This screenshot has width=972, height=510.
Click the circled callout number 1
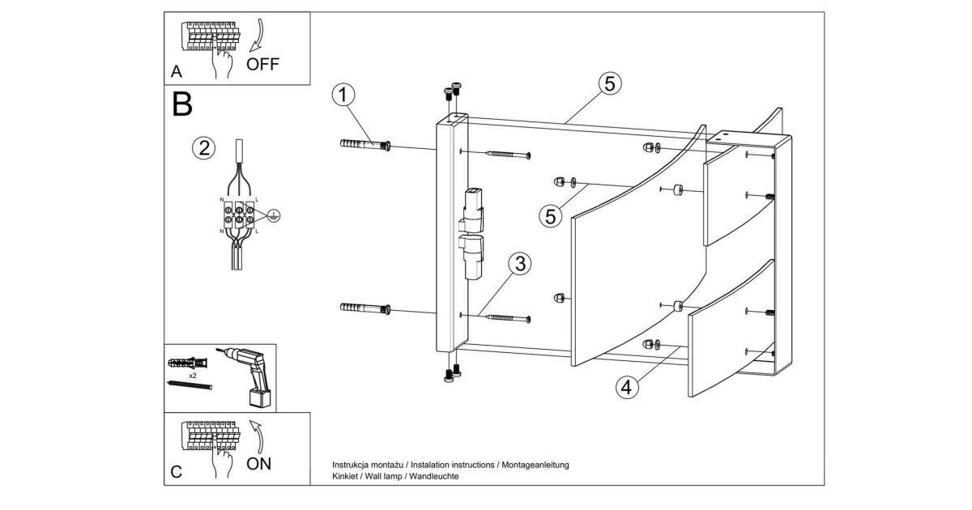click(x=343, y=95)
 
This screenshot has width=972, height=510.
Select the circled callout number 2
click(x=203, y=148)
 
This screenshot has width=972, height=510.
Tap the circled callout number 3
click(x=519, y=264)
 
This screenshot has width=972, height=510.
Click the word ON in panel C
click(x=260, y=464)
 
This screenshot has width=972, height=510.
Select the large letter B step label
click(x=183, y=104)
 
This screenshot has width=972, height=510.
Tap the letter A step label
click(x=176, y=72)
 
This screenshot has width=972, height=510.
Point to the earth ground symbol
click(x=274, y=215)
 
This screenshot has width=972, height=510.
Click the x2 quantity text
click(x=194, y=376)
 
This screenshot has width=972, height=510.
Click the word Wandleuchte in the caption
click(x=434, y=477)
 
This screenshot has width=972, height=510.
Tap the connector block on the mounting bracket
click(x=471, y=234)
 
